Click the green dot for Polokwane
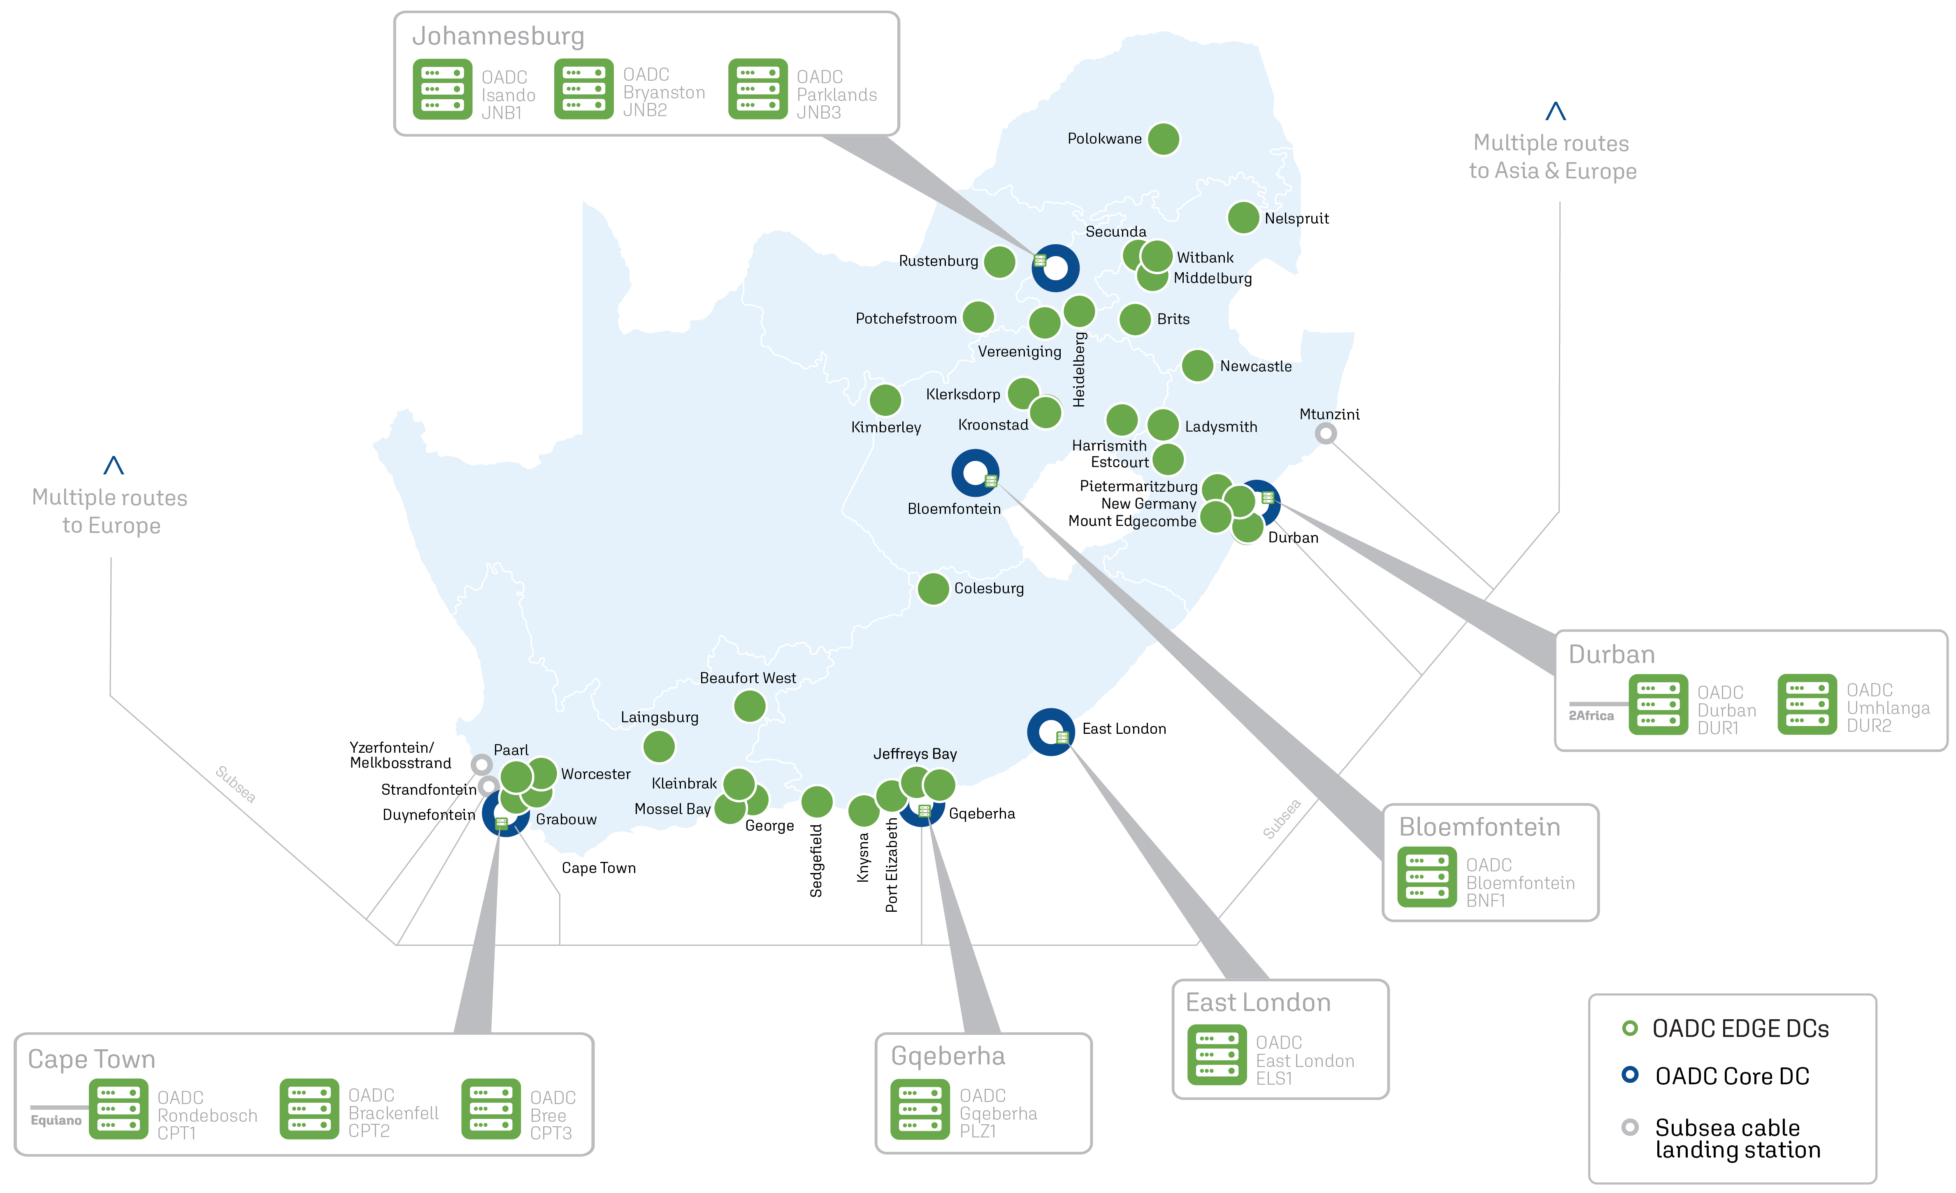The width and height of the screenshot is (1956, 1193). pyautogui.click(x=1163, y=139)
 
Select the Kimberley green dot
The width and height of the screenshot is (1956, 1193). pyautogui.click(x=885, y=399)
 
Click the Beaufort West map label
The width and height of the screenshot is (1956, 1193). pyautogui.click(x=747, y=677)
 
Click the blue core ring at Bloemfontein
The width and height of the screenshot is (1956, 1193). pyautogui.click(x=975, y=473)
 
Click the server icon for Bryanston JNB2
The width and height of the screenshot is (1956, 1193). pyautogui.click(x=583, y=89)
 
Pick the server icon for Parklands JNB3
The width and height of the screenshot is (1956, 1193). pyautogui.click(x=757, y=89)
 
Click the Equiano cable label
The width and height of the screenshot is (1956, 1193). pyautogui.click(x=56, y=1120)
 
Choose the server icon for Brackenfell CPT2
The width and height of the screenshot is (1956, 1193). pyautogui.click(x=309, y=1109)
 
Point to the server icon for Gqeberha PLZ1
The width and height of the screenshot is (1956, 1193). pyautogui.click(x=920, y=1109)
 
